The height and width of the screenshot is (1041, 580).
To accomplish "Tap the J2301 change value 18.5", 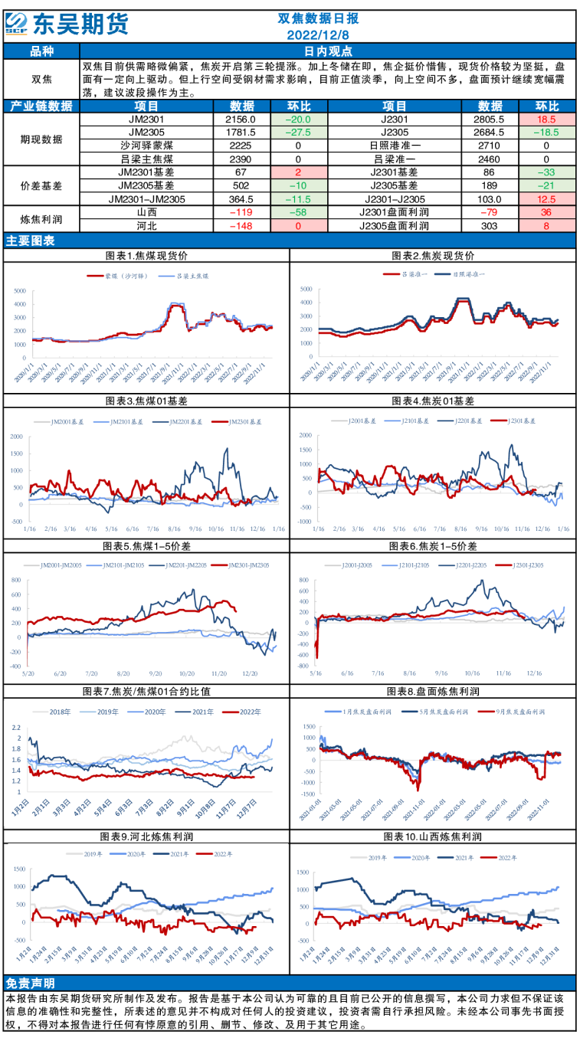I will (x=546, y=119).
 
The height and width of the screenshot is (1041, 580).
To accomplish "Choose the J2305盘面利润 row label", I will (x=394, y=225).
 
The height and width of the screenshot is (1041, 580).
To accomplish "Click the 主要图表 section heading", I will (x=30, y=241).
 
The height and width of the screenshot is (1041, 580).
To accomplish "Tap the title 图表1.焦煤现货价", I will (x=146, y=255).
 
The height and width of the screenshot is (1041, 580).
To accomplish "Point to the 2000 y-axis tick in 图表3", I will (x=16, y=436).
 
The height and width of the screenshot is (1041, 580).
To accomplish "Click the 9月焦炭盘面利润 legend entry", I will (x=515, y=712).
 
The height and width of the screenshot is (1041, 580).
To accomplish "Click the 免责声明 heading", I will (x=30, y=984).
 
